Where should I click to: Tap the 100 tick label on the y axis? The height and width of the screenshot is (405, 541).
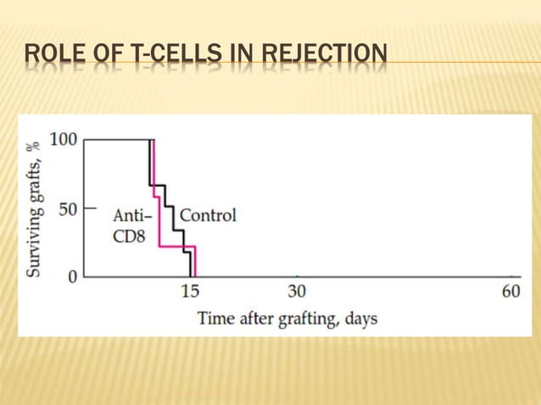(64, 139)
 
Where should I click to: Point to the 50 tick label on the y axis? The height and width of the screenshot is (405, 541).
(68, 208)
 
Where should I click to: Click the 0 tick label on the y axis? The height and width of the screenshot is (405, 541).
(72, 276)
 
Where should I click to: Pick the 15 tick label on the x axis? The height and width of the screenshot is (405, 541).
(191, 291)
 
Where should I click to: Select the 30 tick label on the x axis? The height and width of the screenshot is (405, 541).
(297, 291)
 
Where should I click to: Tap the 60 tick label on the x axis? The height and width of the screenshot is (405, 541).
(510, 291)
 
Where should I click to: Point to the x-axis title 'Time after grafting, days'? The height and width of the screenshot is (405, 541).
(287, 319)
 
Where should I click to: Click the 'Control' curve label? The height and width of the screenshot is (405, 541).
(208, 215)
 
